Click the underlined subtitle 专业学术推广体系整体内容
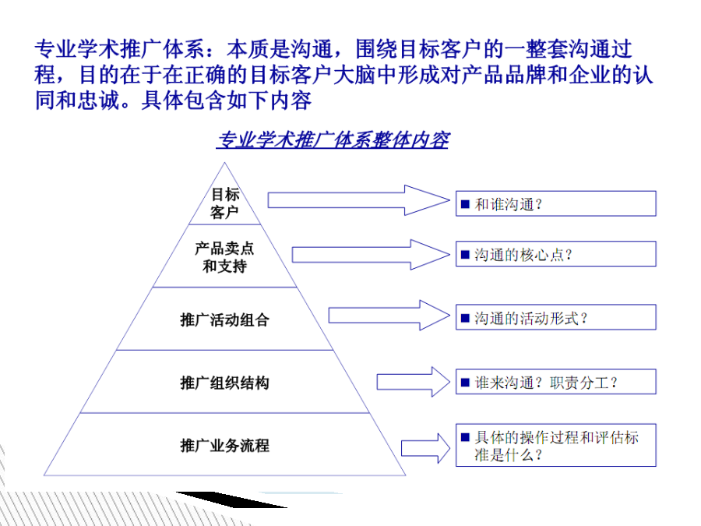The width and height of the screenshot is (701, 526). coord(333,140)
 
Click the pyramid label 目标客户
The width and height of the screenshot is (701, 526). coord(225,203)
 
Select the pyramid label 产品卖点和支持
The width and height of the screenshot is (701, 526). coord(224,257)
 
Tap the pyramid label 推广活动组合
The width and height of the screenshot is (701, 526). coord(224,319)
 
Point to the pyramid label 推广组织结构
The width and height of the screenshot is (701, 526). coord(224,383)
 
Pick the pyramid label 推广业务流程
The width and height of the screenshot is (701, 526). coord(224,446)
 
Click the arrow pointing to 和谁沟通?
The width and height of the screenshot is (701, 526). coord(358,200)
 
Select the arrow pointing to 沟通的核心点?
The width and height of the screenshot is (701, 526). coord(371,255)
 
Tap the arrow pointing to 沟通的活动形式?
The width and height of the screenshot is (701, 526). coord(389,316)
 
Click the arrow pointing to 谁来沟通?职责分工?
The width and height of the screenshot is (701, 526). coord(413,382)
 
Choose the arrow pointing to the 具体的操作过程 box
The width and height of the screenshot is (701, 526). coord(425,448)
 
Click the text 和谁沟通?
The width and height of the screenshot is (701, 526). coord(509,204)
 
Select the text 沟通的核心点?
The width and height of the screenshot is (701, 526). coord(523,255)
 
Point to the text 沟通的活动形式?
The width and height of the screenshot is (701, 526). coord(530,319)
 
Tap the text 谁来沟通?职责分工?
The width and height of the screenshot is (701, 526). coord(546,383)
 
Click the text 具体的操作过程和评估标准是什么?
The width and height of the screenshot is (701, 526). coord(557,446)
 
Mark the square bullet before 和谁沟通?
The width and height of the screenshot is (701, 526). coord(465,204)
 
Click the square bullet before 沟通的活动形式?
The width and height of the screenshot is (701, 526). coord(465,318)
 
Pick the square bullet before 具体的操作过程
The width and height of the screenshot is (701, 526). coord(465,436)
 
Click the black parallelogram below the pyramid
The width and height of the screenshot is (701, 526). coord(231,500)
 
